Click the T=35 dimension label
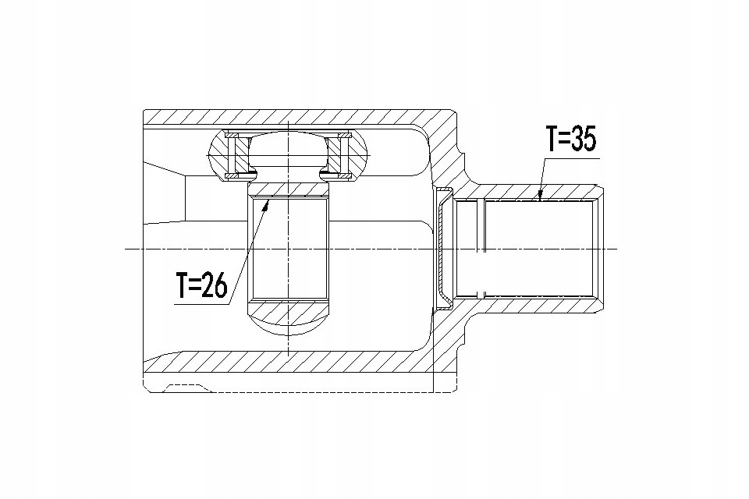click(x=571, y=140)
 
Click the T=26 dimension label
click(x=201, y=285)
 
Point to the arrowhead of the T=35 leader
click(x=540, y=195)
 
